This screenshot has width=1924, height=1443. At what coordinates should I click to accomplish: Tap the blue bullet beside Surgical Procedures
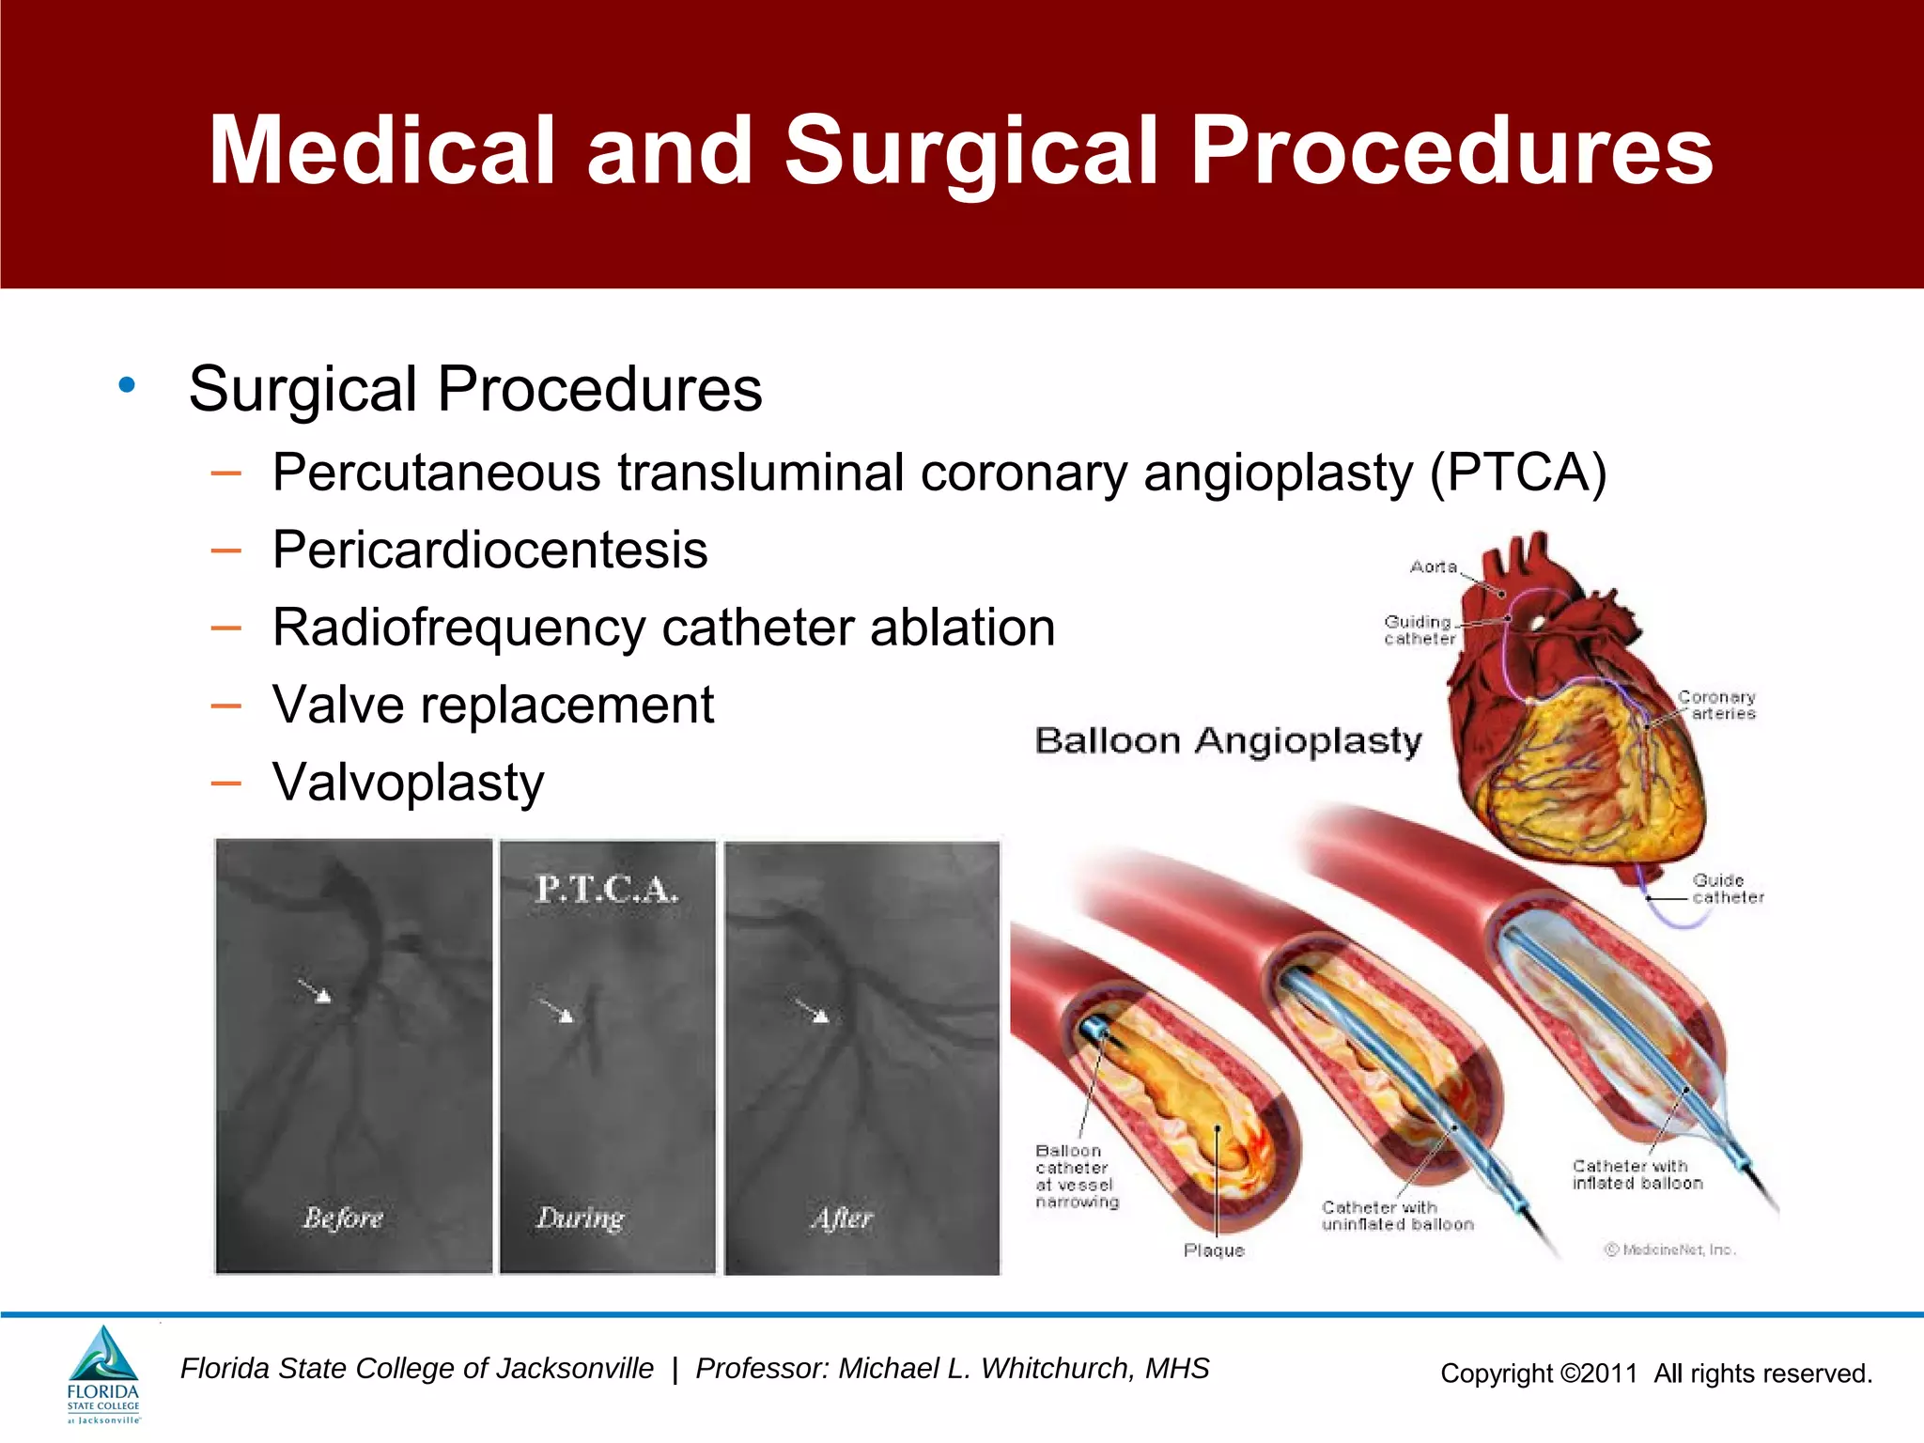[x=127, y=385]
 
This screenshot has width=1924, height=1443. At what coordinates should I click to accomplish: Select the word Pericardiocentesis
[x=489, y=550]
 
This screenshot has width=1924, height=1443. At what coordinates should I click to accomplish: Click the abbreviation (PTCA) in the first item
[x=1517, y=473]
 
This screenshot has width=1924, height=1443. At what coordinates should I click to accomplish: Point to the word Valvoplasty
[x=408, y=783]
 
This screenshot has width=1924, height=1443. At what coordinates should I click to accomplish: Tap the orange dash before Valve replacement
[x=226, y=706]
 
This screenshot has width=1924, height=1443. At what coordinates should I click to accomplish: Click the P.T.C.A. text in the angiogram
[x=606, y=889]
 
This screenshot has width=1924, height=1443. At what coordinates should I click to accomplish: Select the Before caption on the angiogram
[x=343, y=1218]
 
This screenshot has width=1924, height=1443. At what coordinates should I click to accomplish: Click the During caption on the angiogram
[x=580, y=1218]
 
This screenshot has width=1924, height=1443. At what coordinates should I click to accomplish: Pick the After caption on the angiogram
[x=842, y=1218]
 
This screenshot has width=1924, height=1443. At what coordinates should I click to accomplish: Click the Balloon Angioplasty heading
[x=1228, y=741]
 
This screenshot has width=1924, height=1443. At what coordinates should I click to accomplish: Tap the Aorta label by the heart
[x=1433, y=566]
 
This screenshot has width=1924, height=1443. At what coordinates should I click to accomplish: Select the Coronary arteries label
[x=1717, y=706]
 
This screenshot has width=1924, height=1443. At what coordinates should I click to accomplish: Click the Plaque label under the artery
[x=1214, y=1250]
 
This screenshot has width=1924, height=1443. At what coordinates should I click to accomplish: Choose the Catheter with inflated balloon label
[x=1637, y=1174]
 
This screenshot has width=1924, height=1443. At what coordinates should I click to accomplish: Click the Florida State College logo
[x=103, y=1373]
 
